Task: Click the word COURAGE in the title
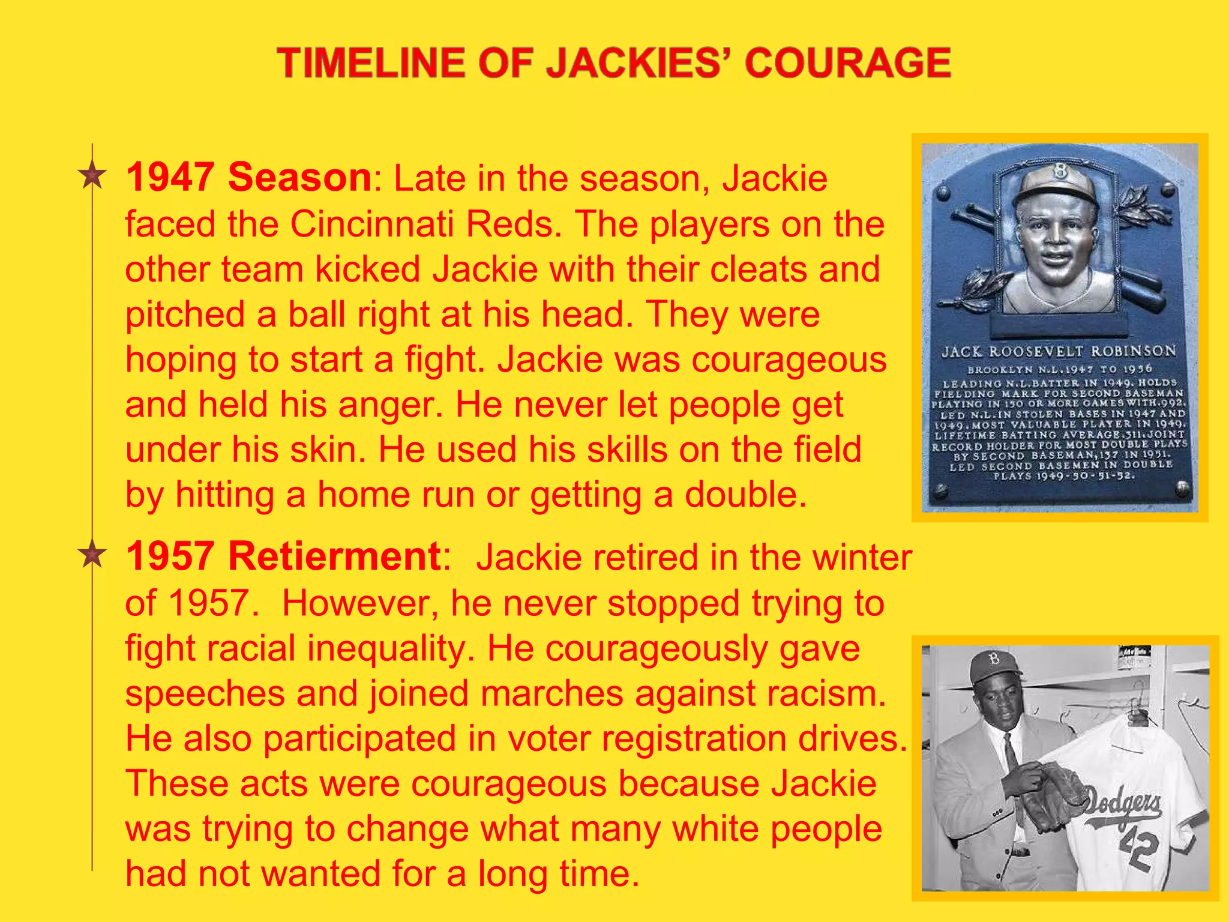[847, 63]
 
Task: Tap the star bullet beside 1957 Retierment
[92, 555]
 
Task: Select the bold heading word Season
[299, 178]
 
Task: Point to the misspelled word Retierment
[334, 556]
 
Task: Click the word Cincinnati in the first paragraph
[372, 224]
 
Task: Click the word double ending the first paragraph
[742, 495]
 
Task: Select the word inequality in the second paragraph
[385, 648]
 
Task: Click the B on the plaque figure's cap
[1059, 173]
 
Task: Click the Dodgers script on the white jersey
[1122, 804]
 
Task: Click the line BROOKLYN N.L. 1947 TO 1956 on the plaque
[1059, 369]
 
